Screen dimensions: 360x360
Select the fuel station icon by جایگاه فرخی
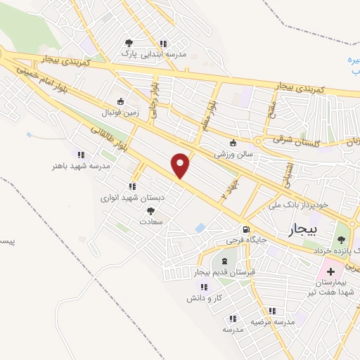[245, 229]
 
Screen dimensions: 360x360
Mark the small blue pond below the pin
[200, 228]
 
